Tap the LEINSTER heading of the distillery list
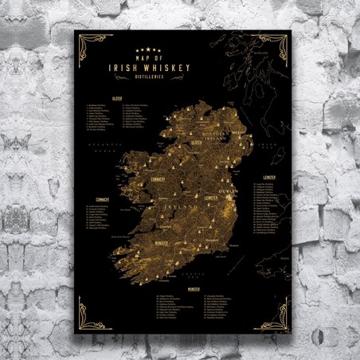pos(268,178)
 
